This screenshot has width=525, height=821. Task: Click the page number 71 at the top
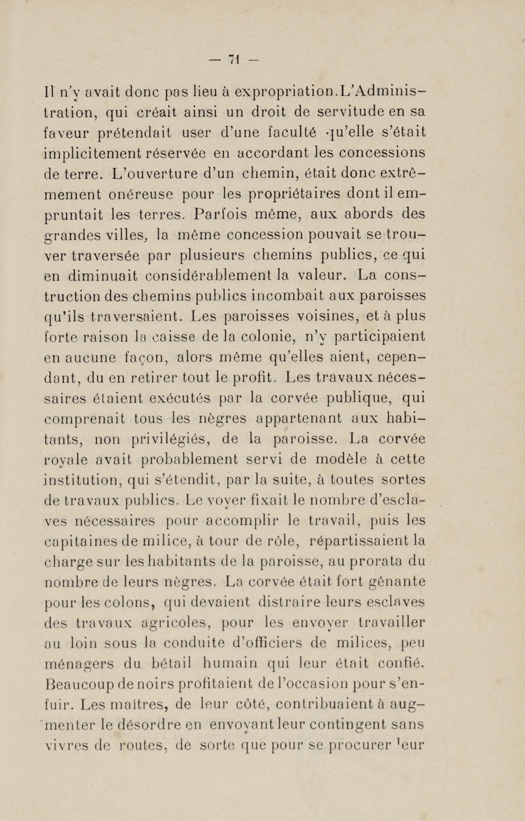234,60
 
